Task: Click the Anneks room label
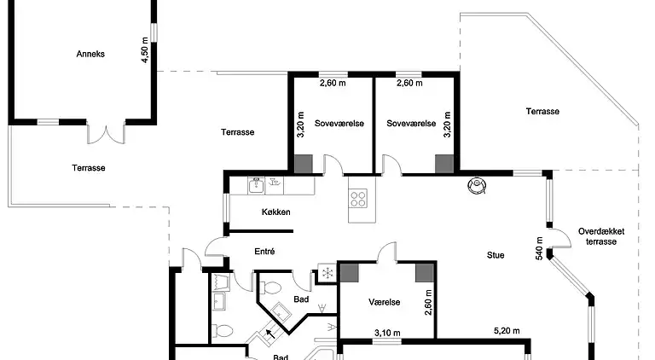[x=90, y=53]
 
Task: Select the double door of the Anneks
[x=107, y=134]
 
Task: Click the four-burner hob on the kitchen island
[x=359, y=200]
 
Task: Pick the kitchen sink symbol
[x=255, y=183]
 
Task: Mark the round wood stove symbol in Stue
[x=475, y=185]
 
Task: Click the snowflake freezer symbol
[x=326, y=273]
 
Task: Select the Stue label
[x=496, y=254]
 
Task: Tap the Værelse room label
[x=385, y=302]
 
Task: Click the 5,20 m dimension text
[x=507, y=331]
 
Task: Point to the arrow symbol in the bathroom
[x=270, y=334]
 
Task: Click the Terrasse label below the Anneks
[x=88, y=168]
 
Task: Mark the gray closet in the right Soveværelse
[x=443, y=164]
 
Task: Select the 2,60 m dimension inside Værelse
[x=428, y=301]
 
